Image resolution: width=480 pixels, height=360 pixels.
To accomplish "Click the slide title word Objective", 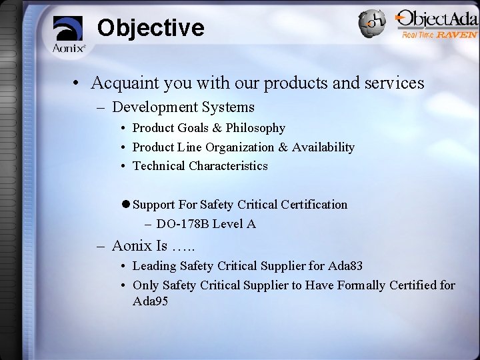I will pos(150,28).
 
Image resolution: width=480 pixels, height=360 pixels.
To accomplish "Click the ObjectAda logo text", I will pos(436,19).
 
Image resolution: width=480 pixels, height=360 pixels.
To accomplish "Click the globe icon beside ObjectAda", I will pos(372,24).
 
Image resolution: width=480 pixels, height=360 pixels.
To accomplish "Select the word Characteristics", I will pos(228,165).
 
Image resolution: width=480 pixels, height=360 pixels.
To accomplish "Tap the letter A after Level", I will pos(251,224).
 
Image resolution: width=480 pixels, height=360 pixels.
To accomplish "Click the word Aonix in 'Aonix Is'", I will pos(131,246).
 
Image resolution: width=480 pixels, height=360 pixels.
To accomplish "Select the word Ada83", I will pos(345,266).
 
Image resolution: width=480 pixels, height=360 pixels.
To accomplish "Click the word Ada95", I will pos(151,301).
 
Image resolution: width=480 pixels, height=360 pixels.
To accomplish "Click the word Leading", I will pos(154,266).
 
